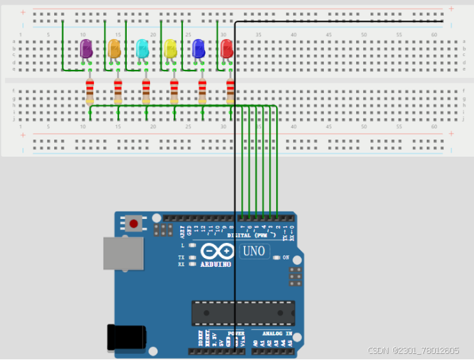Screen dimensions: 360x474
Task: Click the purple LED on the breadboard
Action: click(x=86, y=49)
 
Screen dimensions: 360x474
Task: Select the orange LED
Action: click(x=114, y=49)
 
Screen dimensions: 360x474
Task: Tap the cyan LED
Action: click(x=142, y=49)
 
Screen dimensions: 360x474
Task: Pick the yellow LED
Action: click(x=171, y=49)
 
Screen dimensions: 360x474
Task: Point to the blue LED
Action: click(x=199, y=49)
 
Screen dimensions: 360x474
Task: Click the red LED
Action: click(x=227, y=49)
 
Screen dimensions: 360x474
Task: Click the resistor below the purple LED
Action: click(x=90, y=91)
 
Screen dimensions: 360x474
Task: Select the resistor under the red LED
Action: click(x=230, y=91)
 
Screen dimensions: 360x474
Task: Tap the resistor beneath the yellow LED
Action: click(x=174, y=91)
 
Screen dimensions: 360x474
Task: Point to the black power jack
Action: click(x=126, y=337)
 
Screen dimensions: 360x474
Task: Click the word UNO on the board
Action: click(x=253, y=251)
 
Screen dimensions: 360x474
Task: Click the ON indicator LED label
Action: click(x=286, y=257)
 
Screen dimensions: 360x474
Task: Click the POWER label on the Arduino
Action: click(x=235, y=333)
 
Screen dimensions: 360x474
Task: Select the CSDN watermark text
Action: click(x=413, y=350)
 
